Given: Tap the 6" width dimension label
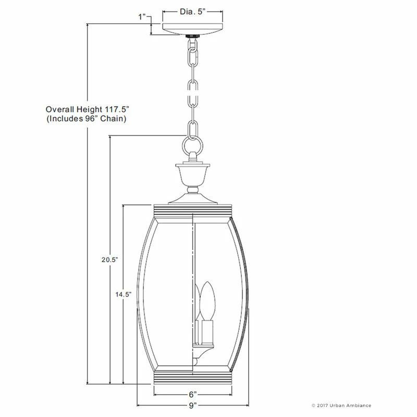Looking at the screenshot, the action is [x=193, y=395].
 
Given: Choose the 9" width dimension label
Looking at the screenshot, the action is [x=192, y=406].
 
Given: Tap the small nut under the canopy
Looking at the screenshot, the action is [x=193, y=37].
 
